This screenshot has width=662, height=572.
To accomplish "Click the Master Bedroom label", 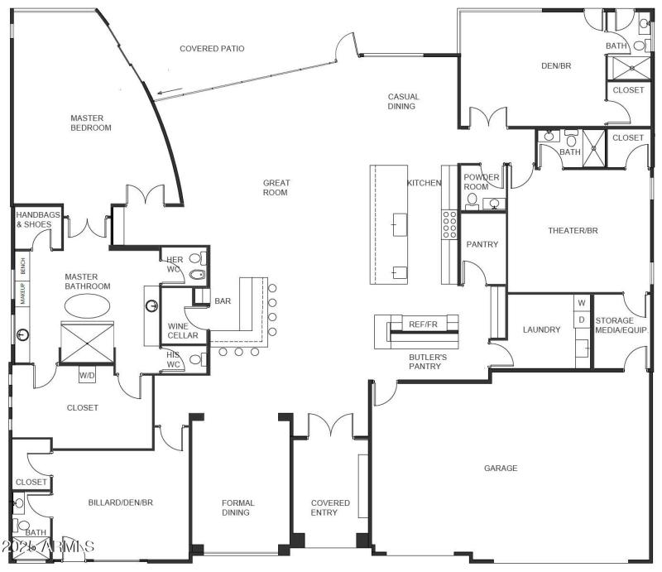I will (x=90, y=123).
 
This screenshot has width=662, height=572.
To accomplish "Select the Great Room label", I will (x=276, y=188).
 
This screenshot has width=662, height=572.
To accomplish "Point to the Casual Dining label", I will (x=404, y=102).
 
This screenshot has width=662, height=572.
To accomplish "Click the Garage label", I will (x=501, y=469).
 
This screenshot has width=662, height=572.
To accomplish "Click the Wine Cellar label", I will (x=183, y=330).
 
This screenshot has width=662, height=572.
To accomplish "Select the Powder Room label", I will (x=481, y=182).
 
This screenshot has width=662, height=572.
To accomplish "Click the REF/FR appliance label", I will (x=423, y=324).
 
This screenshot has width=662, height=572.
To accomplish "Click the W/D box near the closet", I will (x=87, y=376).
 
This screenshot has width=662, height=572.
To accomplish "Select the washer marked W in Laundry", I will (x=582, y=304).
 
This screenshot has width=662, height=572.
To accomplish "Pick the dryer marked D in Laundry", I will (x=582, y=320).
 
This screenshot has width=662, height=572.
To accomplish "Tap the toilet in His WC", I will (x=194, y=359).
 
